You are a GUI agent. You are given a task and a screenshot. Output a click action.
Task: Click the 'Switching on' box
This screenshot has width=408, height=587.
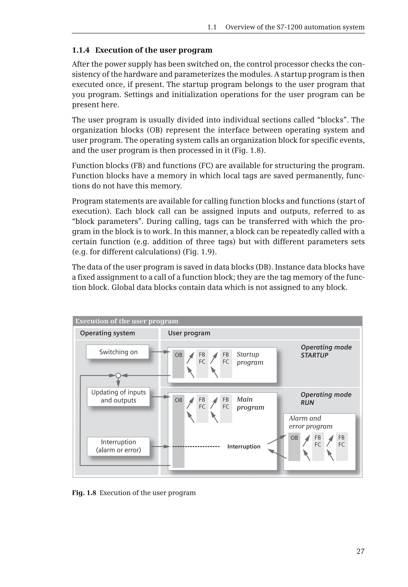coord(118,352)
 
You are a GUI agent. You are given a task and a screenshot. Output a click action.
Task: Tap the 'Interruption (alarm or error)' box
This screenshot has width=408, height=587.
coord(118,446)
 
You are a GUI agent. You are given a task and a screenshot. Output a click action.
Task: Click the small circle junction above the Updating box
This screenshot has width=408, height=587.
coord(118,375)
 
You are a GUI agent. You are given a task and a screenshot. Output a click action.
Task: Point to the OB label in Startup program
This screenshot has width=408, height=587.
coord(178,355)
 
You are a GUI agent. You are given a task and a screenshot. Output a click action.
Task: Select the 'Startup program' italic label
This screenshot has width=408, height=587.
coord(250,358)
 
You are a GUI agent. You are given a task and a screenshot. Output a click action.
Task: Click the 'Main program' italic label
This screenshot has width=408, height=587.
coord(250,403)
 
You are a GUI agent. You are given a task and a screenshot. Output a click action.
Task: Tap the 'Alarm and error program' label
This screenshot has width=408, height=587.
coord(310,422)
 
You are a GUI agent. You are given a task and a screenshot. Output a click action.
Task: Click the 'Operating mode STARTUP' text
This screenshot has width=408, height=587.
coord(326,351)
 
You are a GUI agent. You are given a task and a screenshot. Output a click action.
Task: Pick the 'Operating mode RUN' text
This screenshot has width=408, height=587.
coord(326,398)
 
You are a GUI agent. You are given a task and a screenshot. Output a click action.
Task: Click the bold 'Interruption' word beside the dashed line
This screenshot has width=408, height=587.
coord(244,446)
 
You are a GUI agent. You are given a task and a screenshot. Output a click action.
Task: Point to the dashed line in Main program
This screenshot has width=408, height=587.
coord(196,447)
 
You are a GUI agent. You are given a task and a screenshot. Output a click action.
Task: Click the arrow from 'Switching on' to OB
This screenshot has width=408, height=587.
coord(161,352)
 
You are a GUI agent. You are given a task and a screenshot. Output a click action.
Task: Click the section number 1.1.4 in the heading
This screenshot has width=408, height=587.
coord(80,50)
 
